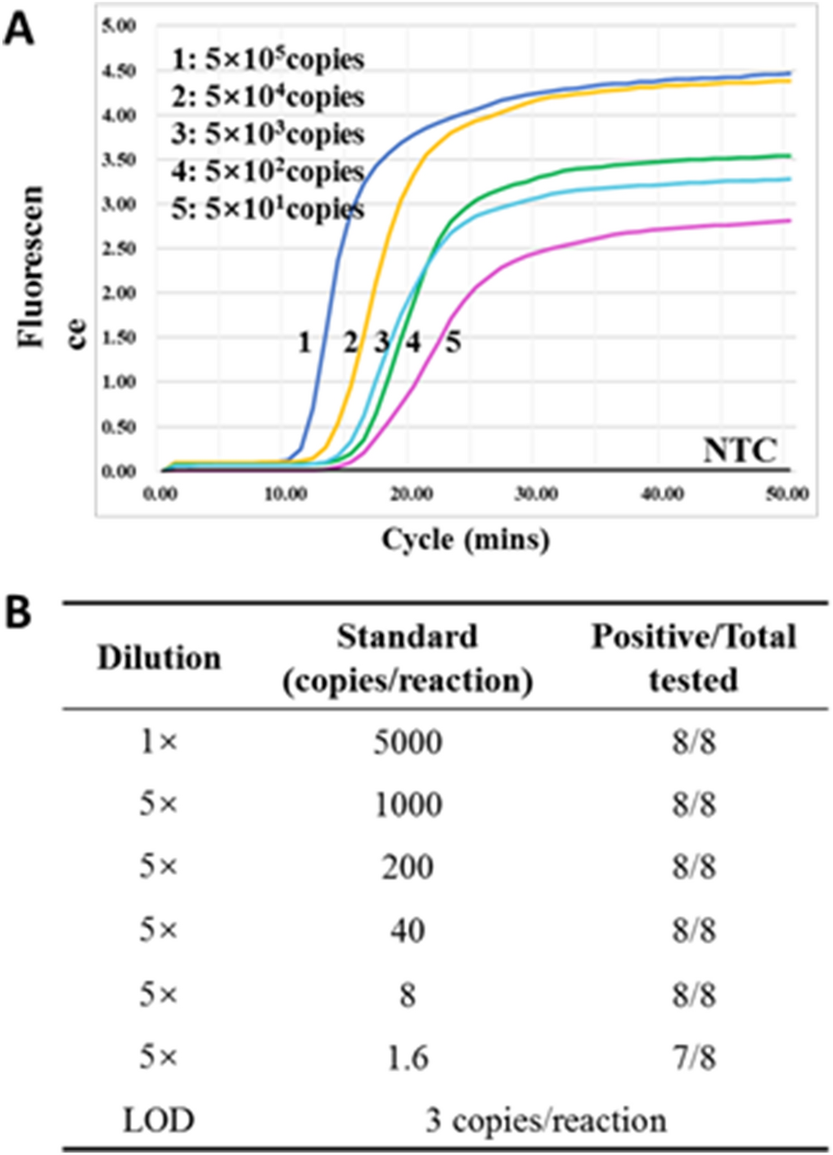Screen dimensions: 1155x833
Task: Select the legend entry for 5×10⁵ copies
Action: click(268, 59)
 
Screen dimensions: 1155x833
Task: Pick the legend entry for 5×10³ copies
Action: click(268, 134)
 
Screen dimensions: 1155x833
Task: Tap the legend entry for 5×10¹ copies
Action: click(268, 209)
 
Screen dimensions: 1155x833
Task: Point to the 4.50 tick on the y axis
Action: click(119, 71)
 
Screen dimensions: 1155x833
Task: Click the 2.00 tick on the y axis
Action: click(119, 293)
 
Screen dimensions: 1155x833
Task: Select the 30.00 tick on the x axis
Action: click(537, 494)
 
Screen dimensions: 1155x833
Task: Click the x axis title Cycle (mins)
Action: click(466, 539)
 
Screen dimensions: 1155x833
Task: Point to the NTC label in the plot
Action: click(740, 450)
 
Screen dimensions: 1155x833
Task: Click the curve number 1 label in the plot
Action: click(304, 342)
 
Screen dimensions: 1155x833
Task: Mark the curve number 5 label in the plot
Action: click(453, 342)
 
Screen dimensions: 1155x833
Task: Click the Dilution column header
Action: click(159, 658)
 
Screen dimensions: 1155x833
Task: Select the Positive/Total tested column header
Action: click(693, 658)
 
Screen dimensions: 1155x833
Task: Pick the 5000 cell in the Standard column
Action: click(407, 742)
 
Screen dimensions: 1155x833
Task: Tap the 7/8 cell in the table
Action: click(694, 1058)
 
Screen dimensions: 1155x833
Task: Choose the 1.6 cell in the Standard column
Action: click(407, 1058)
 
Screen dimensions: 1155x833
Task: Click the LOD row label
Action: click(159, 1120)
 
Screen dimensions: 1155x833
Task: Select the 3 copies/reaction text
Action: click(546, 1120)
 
